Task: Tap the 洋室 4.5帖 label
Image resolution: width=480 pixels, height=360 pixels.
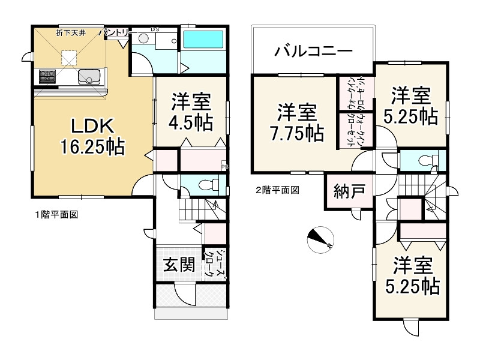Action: click(x=191, y=111)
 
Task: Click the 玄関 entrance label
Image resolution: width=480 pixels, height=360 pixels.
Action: click(x=179, y=265)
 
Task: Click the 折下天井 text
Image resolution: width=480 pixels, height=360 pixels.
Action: click(x=71, y=32)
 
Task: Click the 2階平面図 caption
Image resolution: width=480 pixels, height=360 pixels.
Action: click(x=278, y=190)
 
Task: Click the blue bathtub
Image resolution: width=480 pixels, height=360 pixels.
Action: click(x=204, y=40)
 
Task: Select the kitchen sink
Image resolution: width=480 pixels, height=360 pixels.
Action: click(x=90, y=77)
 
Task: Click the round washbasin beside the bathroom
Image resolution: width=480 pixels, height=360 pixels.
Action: click(x=143, y=38)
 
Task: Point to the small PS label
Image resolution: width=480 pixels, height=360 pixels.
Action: click(x=223, y=167)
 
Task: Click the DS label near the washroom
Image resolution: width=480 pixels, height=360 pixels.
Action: click(x=155, y=29)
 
